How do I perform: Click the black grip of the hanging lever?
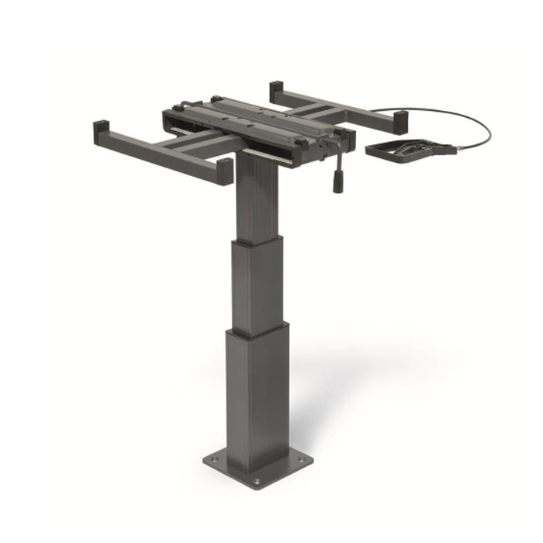(338, 184)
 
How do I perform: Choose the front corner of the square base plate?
(256, 490)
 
